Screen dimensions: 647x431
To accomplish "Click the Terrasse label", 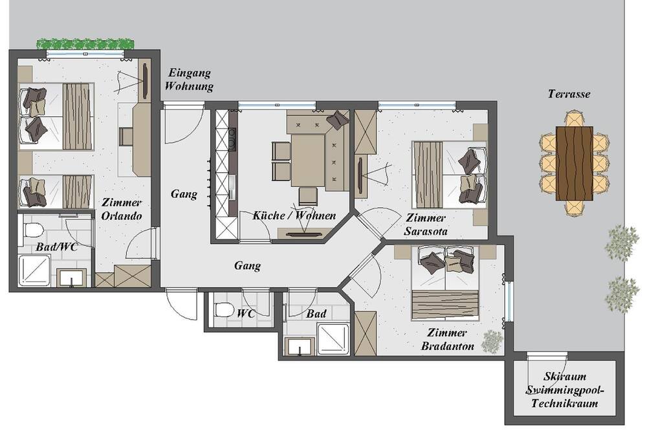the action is tap(569, 94).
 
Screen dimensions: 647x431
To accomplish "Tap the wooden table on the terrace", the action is tap(575, 164).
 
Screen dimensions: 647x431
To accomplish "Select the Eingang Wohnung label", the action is tap(190, 79).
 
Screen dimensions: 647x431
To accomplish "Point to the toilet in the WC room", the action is tap(224, 309).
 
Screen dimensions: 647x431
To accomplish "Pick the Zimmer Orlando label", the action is tap(122, 209).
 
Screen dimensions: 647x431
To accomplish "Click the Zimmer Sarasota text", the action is tap(426, 225).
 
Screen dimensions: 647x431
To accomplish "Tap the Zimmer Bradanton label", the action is tap(447, 339).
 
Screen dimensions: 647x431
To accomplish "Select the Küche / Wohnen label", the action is tap(294, 215).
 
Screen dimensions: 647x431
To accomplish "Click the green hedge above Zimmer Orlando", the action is tap(85, 43).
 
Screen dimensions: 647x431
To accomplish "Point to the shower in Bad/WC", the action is tap(35, 271).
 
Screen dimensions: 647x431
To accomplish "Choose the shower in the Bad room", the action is tap(333, 339).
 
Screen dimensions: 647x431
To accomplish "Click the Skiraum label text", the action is tap(564, 376).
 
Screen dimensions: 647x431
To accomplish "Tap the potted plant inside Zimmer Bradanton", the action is tap(492, 342).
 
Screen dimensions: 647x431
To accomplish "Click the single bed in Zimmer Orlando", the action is tap(55, 192).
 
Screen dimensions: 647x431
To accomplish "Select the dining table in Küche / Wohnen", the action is tap(308, 160).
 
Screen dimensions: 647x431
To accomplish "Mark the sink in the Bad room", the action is tap(300, 347).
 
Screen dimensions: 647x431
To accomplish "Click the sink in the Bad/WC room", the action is tap(72, 277).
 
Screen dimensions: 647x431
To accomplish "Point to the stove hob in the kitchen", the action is tap(232, 138).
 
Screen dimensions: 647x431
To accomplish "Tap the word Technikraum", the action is tap(564, 403).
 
